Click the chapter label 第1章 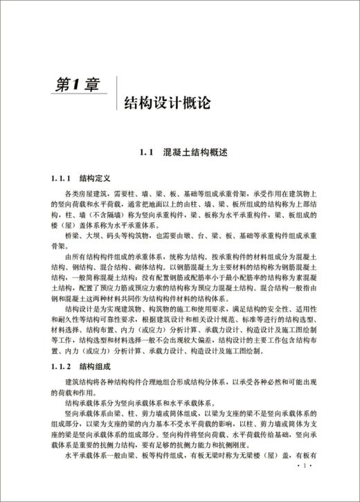77,86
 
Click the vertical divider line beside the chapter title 116,93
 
